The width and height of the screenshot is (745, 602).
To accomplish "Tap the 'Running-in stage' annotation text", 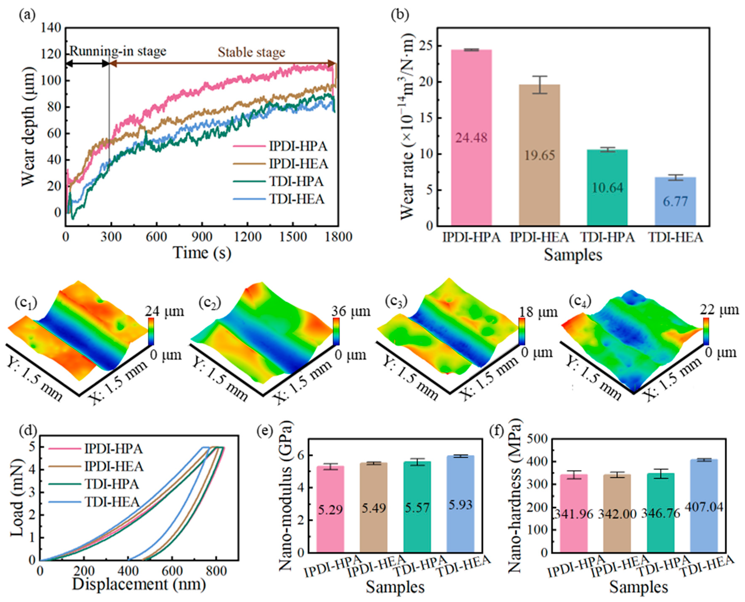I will coord(118,51).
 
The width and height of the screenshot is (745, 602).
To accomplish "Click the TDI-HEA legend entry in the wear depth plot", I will coord(297,199).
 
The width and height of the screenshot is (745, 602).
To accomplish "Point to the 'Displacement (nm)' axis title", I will coord(139,584).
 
